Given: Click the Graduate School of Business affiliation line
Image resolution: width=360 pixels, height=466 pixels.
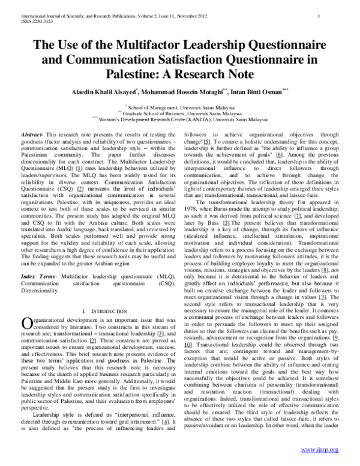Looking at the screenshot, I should (x=181, y=112).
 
